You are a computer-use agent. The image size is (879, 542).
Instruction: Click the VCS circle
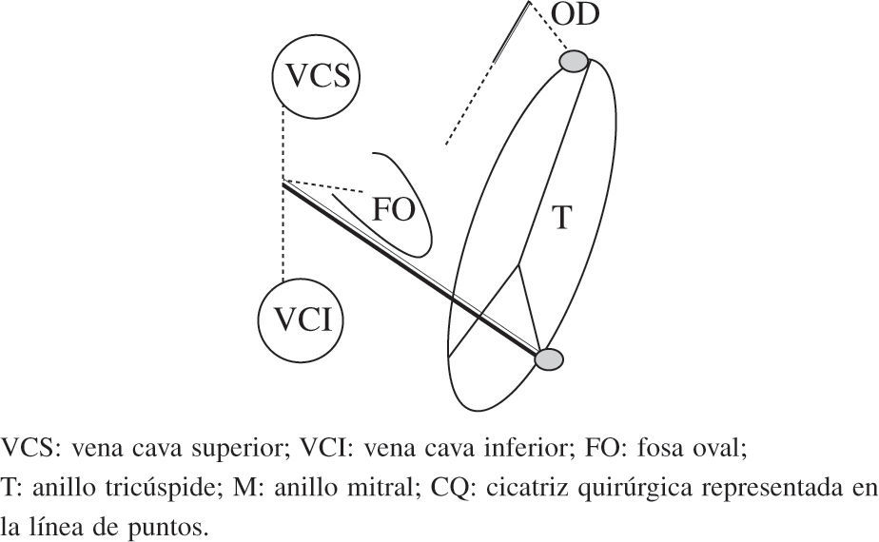tap(313, 77)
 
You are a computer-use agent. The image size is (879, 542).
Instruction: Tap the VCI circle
tap(301, 320)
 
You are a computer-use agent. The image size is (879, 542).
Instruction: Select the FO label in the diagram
tap(392, 209)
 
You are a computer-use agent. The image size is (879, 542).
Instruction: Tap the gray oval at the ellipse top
tap(574, 62)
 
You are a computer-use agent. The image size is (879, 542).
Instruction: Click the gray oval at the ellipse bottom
tap(549, 359)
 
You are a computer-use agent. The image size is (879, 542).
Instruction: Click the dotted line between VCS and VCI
tap(283, 228)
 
